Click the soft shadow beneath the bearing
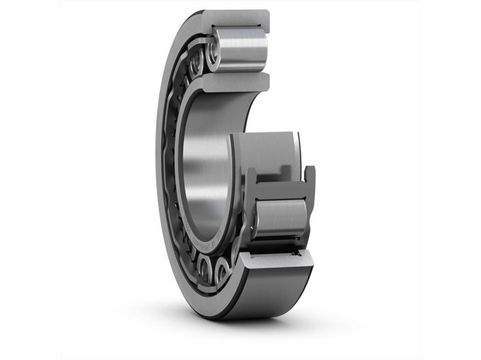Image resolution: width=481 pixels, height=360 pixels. pos(234,334)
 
